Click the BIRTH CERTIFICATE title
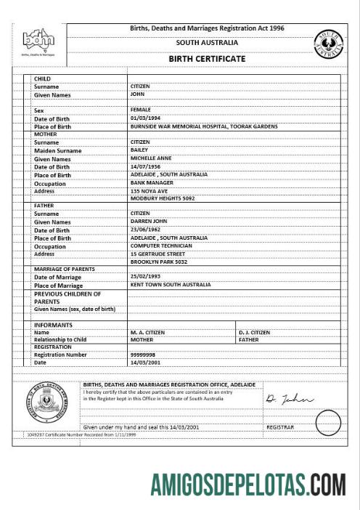pos(207,59)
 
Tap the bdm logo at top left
pos(38,41)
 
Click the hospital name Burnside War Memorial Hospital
pos(203,126)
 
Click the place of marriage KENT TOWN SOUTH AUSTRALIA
pos(171,285)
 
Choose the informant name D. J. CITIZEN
pos(254,332)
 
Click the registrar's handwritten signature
pos(288,399)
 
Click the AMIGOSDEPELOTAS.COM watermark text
pos(247,482)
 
